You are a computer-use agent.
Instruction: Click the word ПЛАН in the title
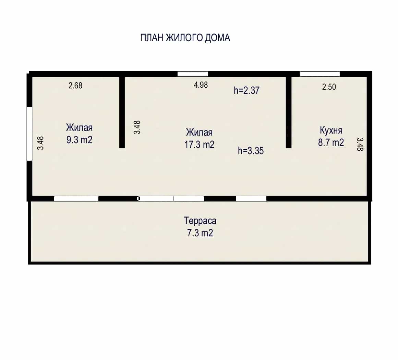click(151, 38)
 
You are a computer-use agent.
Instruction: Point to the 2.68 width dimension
click(75, 86)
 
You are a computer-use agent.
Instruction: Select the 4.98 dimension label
click(201, 85)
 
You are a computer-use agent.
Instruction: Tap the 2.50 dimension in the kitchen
click(329, 87)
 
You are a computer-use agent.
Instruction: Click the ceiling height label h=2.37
click(246, 90)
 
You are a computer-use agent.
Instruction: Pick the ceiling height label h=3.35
click(251, 151)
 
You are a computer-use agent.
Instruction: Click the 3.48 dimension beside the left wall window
click(40, 143)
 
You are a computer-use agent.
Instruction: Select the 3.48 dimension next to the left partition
click(137, 127)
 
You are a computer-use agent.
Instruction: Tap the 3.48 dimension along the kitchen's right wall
click(360, 144)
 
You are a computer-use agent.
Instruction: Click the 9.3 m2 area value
click(80, 140)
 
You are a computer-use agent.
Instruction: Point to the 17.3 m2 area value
click(199, 145)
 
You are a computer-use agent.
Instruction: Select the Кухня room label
click(331, 130)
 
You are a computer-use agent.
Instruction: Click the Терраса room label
click(200, 221)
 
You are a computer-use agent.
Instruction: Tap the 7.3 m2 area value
click(200, 233)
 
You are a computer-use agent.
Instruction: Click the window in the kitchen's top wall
click(320, 74)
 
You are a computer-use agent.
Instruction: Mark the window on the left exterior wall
click(29, 134)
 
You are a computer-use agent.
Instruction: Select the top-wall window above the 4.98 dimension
click(193, 74)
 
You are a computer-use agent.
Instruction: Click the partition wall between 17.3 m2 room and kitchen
click(289, 112)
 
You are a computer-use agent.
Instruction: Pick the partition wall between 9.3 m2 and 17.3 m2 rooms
click(122, 112)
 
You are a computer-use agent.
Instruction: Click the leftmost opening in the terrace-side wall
click(76, 199)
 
